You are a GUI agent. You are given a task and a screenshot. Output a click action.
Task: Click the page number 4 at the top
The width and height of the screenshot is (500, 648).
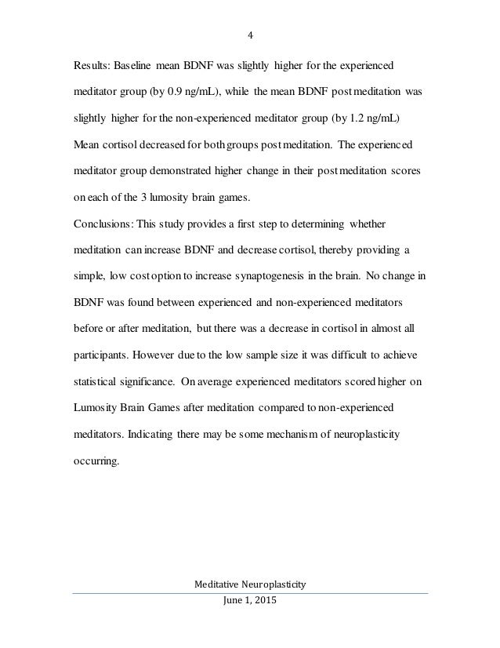tap(250, 35)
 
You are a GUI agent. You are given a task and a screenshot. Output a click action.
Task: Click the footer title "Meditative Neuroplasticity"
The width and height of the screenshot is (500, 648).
tap(250, 583)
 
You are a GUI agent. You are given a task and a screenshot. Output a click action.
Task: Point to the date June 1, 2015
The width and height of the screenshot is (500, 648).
tap(250, 602)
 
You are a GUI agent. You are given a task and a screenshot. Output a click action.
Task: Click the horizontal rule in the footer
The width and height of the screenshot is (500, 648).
tap(250, 593)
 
